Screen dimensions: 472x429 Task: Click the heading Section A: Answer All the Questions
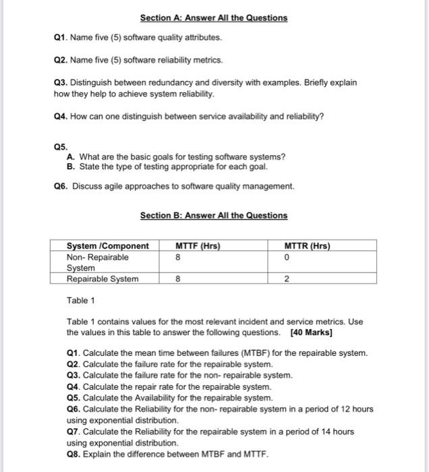click(213, 18)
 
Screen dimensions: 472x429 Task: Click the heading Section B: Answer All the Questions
click(213, 216)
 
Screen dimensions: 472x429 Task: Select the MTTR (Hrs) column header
click(307, 246)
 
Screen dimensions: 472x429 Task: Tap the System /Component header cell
click(107, 246)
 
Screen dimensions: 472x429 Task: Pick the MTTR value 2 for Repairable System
click(287, 278)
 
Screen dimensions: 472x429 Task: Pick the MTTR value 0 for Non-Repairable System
click(287, 257)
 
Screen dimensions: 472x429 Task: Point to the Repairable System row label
click(103, 278)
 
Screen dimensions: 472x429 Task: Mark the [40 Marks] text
click(311, 333)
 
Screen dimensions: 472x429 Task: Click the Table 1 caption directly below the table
click(80, 300)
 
